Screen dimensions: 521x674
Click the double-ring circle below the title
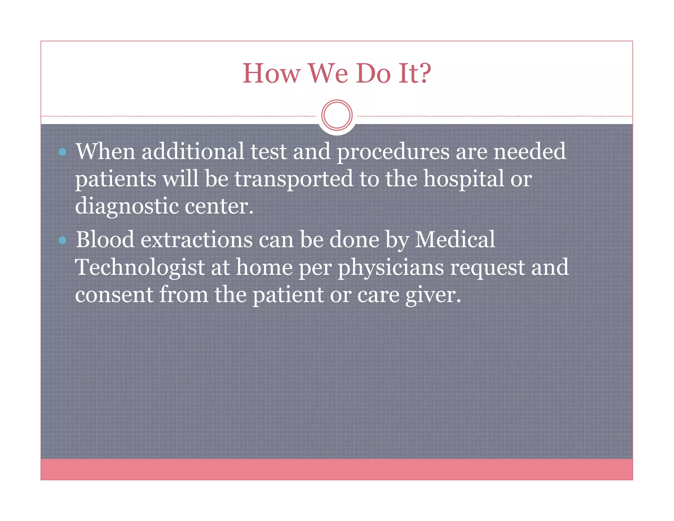(337, 115)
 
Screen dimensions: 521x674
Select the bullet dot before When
(63, 152)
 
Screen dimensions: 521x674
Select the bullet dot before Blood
(63, 240)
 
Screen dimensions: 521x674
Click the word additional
(193, 151)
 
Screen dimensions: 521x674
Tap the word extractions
(196, 240)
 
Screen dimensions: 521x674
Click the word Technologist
(140, 267)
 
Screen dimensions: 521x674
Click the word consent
(114, 295)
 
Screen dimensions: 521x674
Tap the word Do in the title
(373, 73)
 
